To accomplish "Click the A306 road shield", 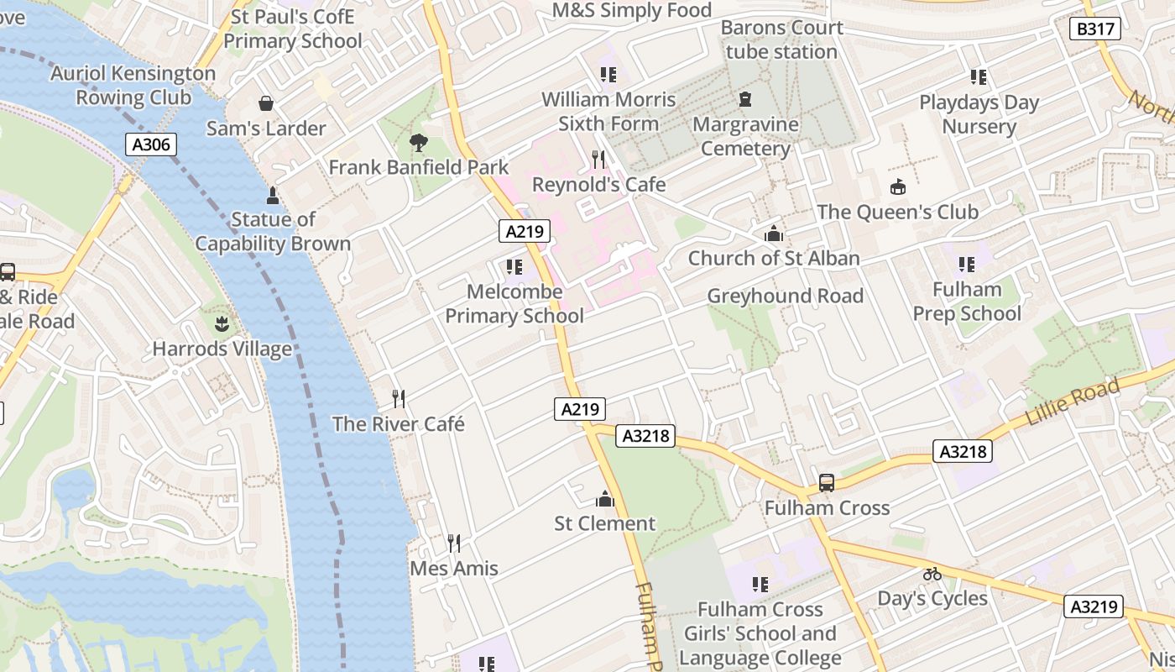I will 152,144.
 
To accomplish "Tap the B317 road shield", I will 1096,29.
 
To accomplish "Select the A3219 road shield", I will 1094,606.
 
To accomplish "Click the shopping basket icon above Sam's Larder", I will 266,103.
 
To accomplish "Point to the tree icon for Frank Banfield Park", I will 418,143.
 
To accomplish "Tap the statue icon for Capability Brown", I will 272,196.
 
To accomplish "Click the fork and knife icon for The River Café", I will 399,398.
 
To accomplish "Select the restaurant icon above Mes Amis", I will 453,543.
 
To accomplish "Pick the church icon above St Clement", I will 604,500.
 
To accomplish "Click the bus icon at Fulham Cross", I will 827,483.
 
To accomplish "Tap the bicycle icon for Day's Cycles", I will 932,574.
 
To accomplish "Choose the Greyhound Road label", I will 785,296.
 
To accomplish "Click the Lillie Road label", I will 1073,402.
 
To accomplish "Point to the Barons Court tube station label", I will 781,39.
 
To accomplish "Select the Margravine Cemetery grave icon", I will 745,100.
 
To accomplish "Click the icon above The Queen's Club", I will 898,186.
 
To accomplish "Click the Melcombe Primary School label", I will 514,304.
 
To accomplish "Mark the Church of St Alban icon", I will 774,234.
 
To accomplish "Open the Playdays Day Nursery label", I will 979,114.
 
